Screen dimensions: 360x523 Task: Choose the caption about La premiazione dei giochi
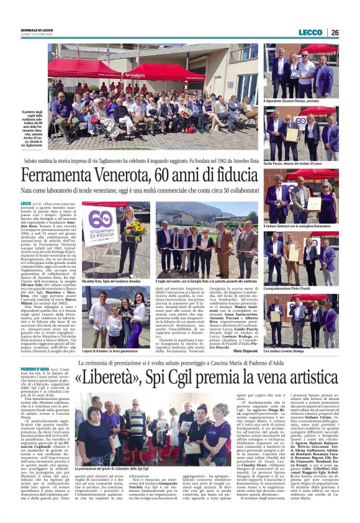[111, 468]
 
